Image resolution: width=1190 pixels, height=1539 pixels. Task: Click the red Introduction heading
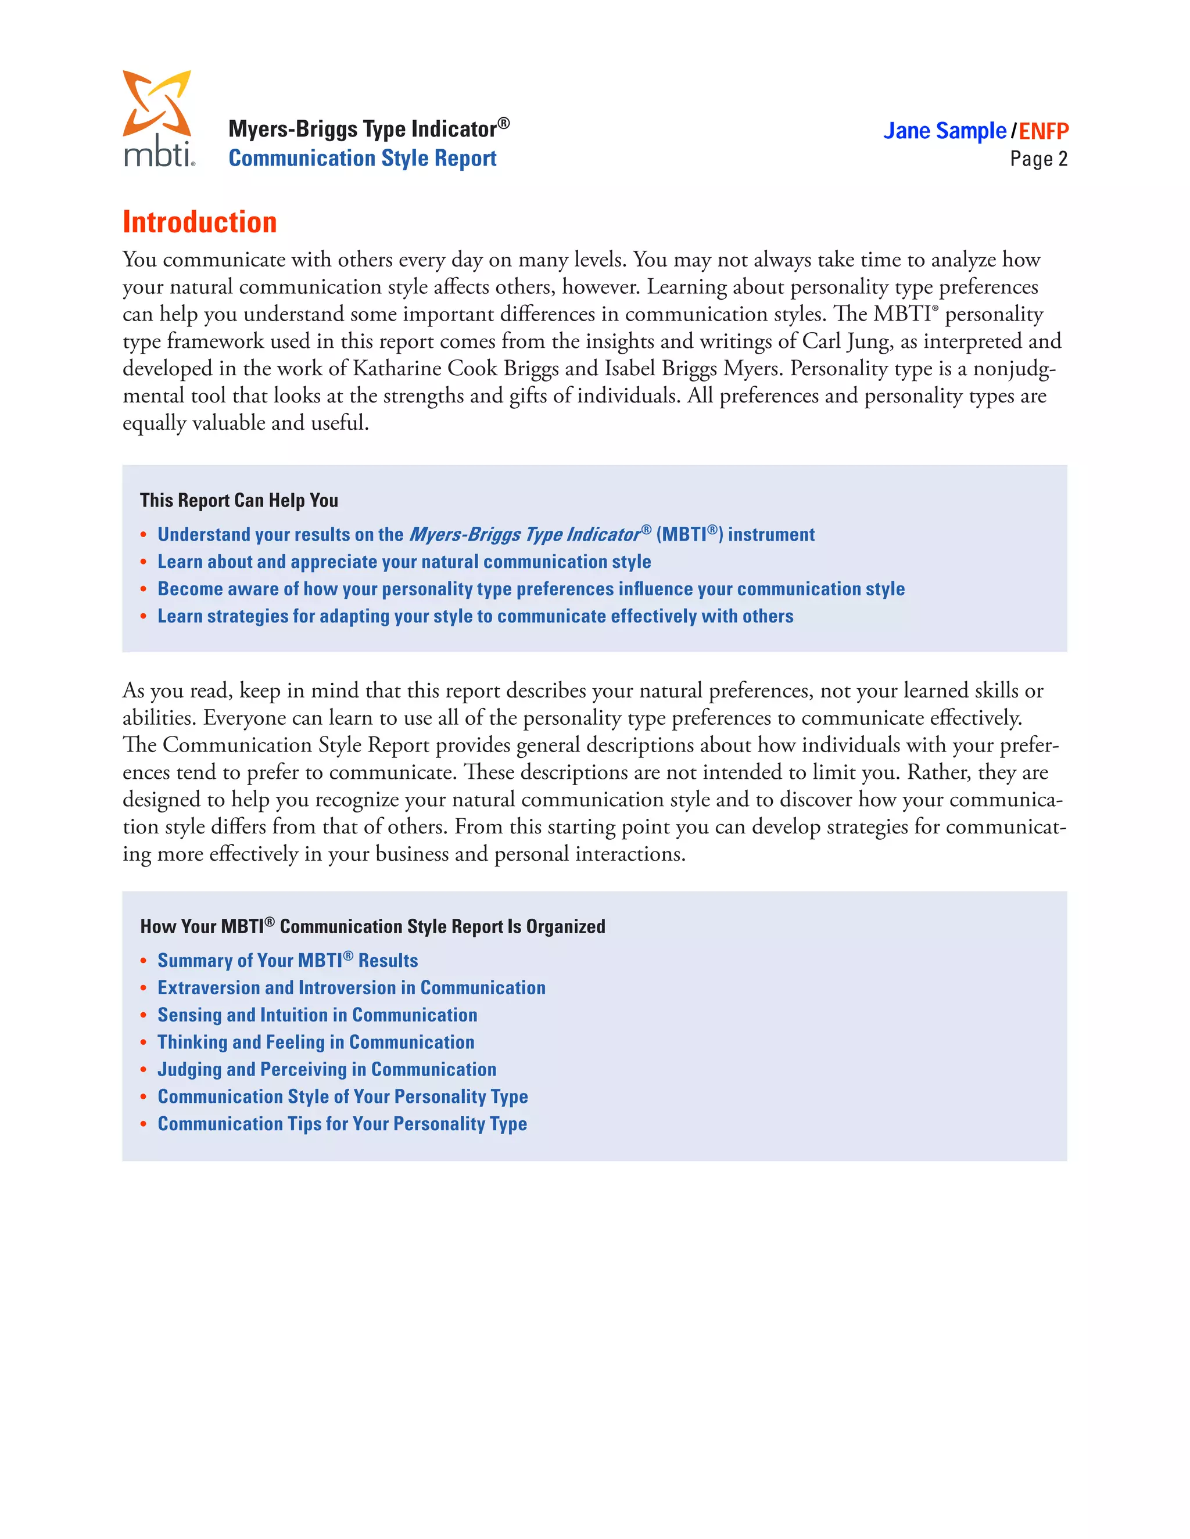[x=199, y=222]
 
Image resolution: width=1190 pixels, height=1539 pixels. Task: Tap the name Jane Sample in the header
[x=945, y=131]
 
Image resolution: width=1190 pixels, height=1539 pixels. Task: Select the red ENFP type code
[x=1044, y=131]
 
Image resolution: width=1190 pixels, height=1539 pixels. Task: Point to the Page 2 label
[x=1038, y=159]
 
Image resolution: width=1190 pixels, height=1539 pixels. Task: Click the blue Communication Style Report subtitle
[x=363, y=159]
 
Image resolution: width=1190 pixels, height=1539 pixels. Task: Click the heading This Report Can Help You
[x=239, y=500]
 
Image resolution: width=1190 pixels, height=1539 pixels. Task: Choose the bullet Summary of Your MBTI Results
[x=288, y=961]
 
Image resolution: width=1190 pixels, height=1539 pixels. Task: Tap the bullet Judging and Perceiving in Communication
[x=327, y=1070]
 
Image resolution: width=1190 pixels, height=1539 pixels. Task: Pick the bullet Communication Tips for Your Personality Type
[x=342, y=1124]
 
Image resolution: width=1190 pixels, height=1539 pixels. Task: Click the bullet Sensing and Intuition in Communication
[x=317, y=1015]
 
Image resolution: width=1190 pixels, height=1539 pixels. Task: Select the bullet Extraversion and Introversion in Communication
[x=351, y=988]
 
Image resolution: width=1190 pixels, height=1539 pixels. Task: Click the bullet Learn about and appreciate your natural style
[x=404, y=562]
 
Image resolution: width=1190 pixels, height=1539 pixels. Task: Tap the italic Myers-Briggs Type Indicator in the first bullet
[x=525, y=535]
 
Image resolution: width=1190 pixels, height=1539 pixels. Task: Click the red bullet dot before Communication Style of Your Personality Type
[x=143, y=1097]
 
